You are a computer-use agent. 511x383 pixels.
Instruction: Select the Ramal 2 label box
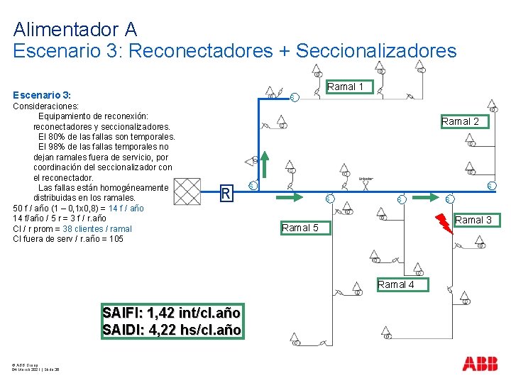[460, 121]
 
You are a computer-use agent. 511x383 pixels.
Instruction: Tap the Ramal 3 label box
[473, 221]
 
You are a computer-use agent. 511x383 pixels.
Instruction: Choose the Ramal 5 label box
[300, 228]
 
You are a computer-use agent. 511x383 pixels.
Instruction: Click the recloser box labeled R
[225, 193]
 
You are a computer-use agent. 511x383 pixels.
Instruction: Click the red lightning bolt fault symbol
[443, 223]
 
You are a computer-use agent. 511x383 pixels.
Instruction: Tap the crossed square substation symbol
[187, 191]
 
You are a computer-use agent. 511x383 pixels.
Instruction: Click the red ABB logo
[480, 364]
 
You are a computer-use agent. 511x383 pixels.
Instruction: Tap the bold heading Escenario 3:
[41, 95]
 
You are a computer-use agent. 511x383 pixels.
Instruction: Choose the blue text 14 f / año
[126, 209]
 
